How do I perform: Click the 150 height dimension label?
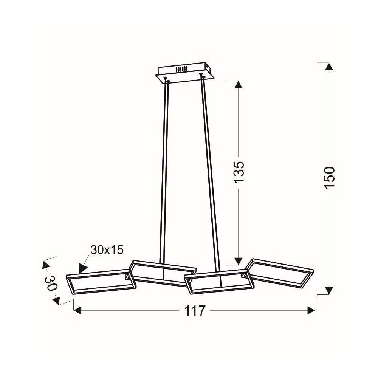pyautogui.click(x=329, y=178)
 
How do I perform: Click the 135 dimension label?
pyautogui.click(x=239, y=172)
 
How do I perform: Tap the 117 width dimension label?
pyautogui.click(x=195, y=310)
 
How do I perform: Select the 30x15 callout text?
pyautogui.click(x=107, y=250)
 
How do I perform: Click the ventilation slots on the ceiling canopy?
pyautogui.click(x=182, y=69)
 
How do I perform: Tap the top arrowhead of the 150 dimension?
pyautogui.click(x=329, y=67)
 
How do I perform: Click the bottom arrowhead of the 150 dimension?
pyautogui.click(x=329, y=291)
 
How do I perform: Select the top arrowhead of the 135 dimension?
pyautogui.click(x=239, y=85)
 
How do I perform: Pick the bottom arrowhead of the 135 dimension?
pyautogui.click(x=239, y=261)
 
